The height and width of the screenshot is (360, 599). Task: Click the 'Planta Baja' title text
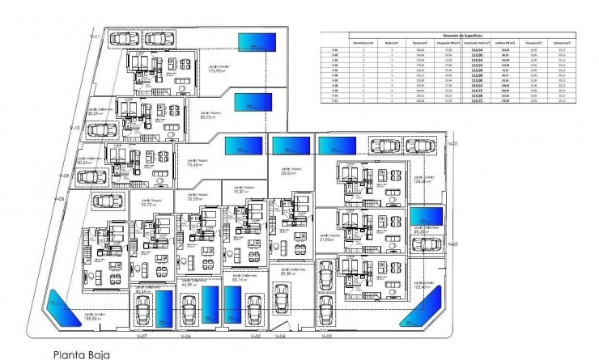point(80,354)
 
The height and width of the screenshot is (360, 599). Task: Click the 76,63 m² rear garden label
point(194,163)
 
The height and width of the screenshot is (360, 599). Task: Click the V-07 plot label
point(142,336)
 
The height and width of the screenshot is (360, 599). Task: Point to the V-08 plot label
point(58,197)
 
